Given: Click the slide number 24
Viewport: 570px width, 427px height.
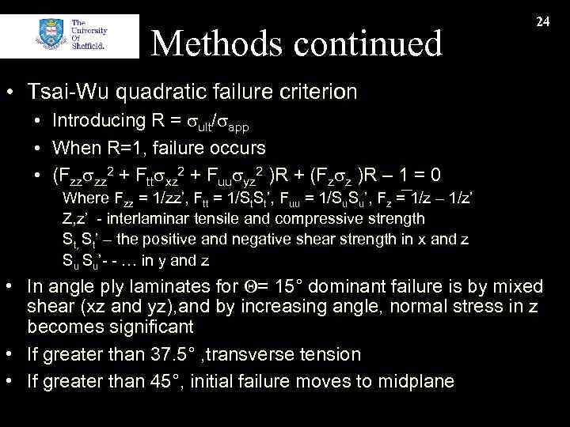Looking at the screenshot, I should (x=543, y=22).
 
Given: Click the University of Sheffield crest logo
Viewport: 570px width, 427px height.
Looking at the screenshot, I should (x=51, y=36).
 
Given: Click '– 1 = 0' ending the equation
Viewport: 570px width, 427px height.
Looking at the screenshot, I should (x=416, y=174).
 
